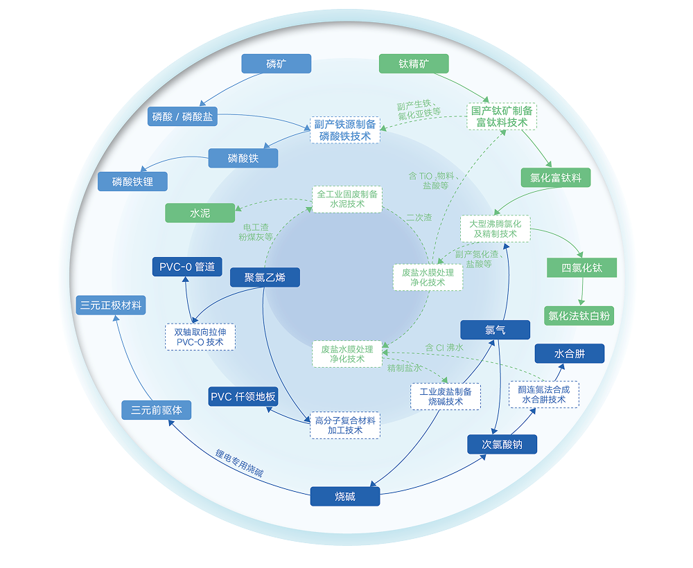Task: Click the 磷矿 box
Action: tap(276, 64)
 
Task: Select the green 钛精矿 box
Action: tap(414, 64)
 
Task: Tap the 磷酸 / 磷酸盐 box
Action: tap(183, 116)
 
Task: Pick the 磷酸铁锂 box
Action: tap(132, 182)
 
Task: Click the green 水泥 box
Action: tap(200, 213)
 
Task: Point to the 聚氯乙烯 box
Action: tap(265, 278)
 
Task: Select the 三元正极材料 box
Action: tap(112, 305)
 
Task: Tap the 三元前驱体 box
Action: tap(157, 409)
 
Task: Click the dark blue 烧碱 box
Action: tap(345, 496)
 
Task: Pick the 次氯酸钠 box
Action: tap(502, 444)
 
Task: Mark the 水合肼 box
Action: tap(569, 353)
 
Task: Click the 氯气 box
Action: tap(495, 330)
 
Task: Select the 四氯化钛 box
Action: tap(581, 267)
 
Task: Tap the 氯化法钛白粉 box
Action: tap(579, 316)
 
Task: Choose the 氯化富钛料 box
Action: tap(556, 177)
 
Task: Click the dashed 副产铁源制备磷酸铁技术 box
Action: tap(345, 130)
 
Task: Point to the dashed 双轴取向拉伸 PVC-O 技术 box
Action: tap(200, 337)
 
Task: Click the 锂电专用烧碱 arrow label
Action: tap(239, 465)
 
